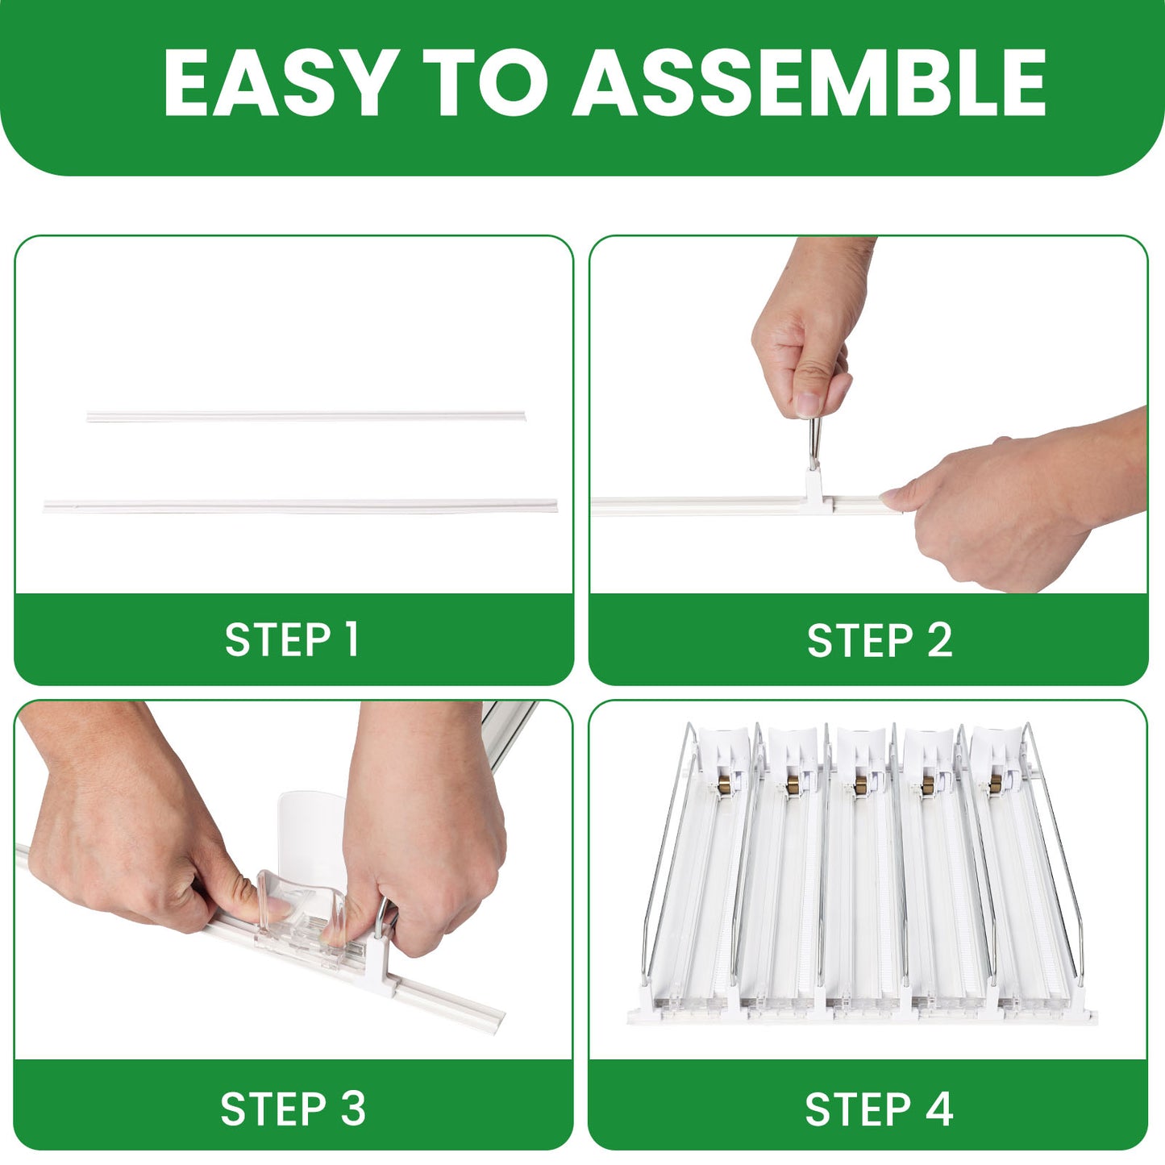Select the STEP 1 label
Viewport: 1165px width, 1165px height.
pyautogui.click(x=292, y=639)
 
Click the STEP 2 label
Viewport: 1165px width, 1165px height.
pyautogui.click(x=880, y=640)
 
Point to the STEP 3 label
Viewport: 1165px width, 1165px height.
pyautogui.click(x=293, y=1109)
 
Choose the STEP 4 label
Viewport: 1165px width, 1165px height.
pyautogui.click(x=879, y=1109)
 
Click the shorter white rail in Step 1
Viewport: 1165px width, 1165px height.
pyautogui.click(x=306, y=417)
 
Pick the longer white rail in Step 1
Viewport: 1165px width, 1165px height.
pyautogui.click(x=301, y=506)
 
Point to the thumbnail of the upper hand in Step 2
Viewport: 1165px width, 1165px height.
pyautogui.click(x=808, y=403)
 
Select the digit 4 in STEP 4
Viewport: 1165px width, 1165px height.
pyautogui.click(x=939, y=1109)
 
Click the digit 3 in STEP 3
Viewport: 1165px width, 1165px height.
pyautogui.click(x=353, y=1109)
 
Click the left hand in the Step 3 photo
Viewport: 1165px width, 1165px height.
pyautogui.click(x=127, y=822)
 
